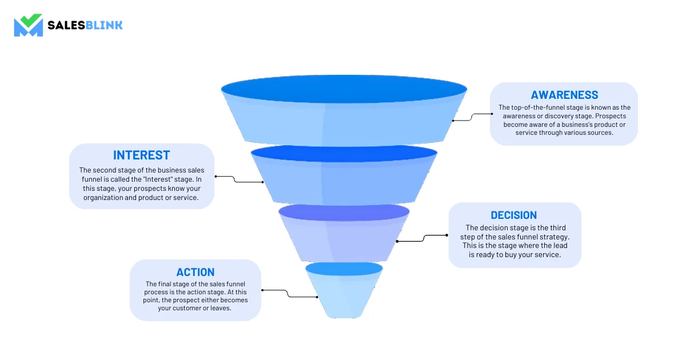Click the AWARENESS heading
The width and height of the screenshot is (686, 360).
[x=564, y=95]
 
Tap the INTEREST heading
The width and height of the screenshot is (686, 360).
[x=141, y=155]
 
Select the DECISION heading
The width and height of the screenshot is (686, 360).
[x=513, y=215]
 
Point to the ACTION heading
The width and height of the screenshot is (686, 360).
[x=196, y=272]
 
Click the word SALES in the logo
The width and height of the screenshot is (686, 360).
[x=66, y=25]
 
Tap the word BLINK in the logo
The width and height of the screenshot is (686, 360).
[x=104, y=25]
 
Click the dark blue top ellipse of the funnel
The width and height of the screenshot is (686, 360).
[x=344, y=89]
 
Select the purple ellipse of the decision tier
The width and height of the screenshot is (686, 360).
[x=344, y=213]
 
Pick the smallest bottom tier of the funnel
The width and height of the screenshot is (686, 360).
[x=344, y=290]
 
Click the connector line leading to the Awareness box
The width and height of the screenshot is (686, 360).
[x=472, y=117]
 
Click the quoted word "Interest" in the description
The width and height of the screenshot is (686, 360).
[x=157, y=179]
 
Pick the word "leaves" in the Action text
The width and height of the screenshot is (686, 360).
[x=220, y=308]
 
